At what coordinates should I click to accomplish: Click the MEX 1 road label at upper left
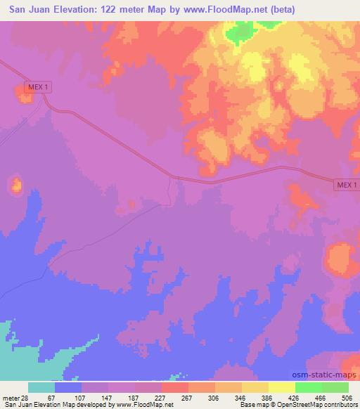click(37, 86)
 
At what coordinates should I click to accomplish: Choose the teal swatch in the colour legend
click(41, 387)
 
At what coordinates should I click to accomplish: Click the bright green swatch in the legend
click(307, 387)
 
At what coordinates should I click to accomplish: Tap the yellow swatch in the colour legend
click(281, 387)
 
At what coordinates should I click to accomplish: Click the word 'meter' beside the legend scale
click(10, 398)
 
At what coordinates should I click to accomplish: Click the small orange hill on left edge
click(15, 186)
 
